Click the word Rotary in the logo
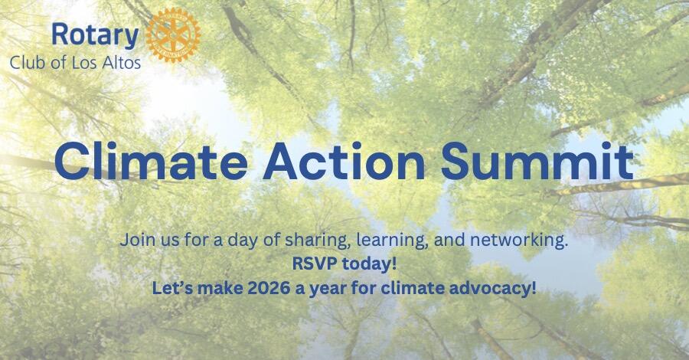click(x=95, y=34)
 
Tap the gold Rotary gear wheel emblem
click(x=172, y=34)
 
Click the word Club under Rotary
click(x=27, y=62)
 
